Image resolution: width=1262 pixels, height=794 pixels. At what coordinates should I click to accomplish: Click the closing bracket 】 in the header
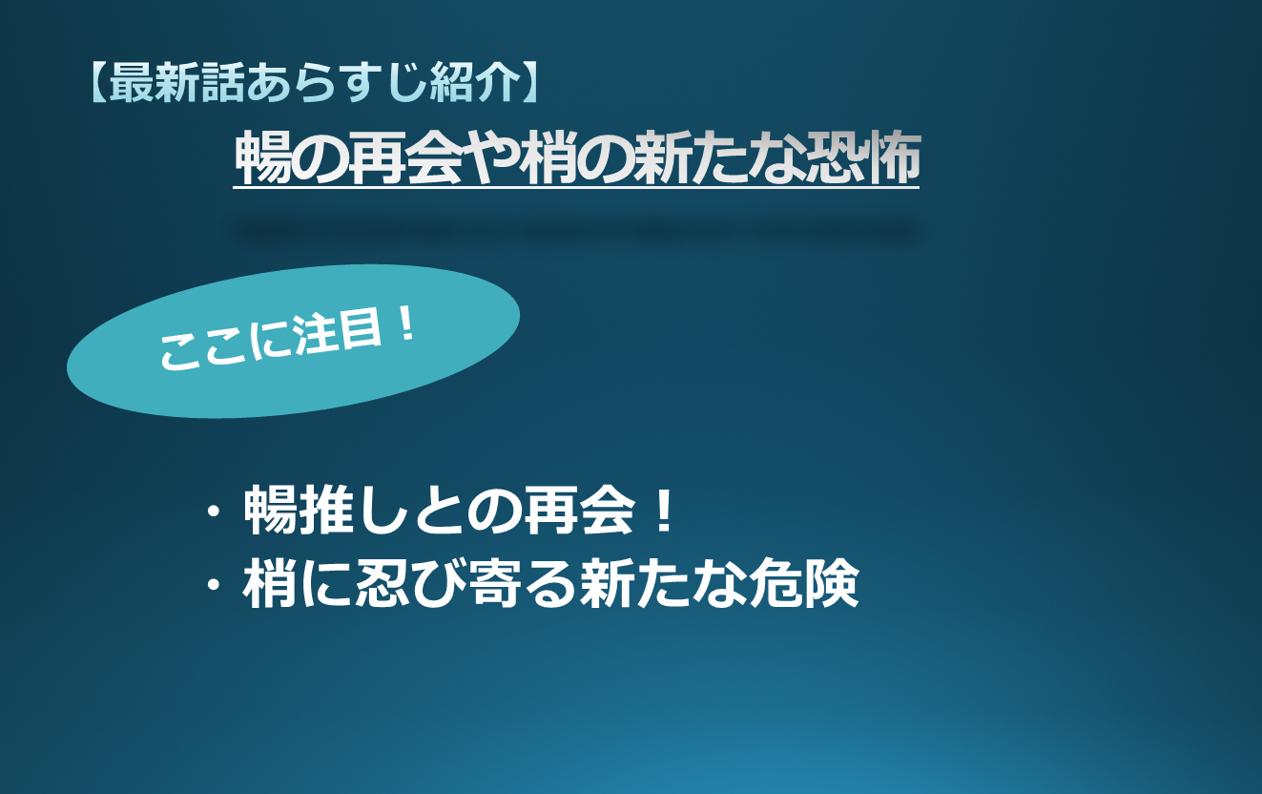click(531, 82)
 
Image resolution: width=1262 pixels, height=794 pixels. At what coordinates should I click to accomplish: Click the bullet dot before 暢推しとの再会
click(213, 512)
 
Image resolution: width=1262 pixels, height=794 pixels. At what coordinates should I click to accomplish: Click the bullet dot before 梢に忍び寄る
click(213, 584)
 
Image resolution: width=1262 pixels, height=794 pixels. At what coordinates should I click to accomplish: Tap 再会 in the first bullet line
click(580, 510)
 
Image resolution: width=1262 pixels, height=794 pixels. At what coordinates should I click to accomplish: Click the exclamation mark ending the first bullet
click(666, 510)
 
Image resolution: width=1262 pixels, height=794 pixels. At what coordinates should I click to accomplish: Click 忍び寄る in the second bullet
click(467, 583)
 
